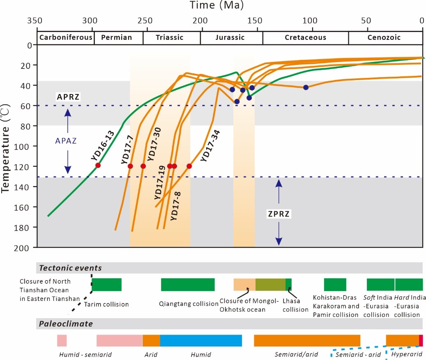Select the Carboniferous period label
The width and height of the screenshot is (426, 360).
click(66, 37)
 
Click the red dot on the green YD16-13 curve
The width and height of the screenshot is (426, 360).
click(98, 165)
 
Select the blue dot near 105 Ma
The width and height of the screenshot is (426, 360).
click(306, 87)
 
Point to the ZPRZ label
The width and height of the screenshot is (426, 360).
click(279, 214)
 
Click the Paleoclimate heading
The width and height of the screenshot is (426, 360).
click(66, 324)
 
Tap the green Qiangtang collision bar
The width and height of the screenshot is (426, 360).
click(188, 284)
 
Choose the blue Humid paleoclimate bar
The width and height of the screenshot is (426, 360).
click(201, 341)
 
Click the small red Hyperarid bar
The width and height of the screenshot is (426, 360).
click(421, 341)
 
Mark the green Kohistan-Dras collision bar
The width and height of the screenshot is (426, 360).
click(335, 284)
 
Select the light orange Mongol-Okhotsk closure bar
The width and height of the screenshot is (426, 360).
click(244, 284)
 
